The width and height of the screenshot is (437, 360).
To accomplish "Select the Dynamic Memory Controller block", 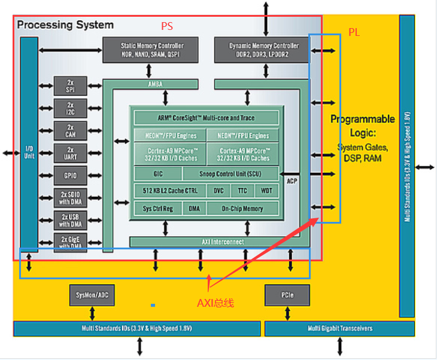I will pyautogui.click(x=263, y=50).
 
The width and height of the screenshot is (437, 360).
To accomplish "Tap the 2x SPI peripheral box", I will pyautogui.click(x=70, y=85).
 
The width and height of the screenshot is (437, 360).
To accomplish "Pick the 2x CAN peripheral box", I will pyautogui.click(x=70, y=130).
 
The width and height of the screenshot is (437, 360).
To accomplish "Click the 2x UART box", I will pyautogui.click(x=70, y=153).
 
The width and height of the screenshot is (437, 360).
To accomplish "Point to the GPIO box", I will pyautogui.click(x=70, y=176).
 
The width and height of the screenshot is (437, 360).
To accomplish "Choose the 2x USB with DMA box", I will pyautogui.click(x=70, y=220).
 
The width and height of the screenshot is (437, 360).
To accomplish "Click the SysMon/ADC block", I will pyautogui.click(x=92, y=295).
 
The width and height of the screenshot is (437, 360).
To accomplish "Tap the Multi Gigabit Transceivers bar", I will pyautogui.click(x=339, y=328).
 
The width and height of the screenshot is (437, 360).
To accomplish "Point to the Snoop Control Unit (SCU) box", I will pyautogui.click(x=230, y=174).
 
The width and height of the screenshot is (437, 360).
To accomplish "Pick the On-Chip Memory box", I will pyautogui.click(x=242, y=209).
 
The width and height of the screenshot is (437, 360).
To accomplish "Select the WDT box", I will pyautogui.click(x=266, y=191).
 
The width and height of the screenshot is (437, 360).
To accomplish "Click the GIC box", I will pyautogui.click(x=157, y=174).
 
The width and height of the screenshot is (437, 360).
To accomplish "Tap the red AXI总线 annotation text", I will pyautogui.click(x=216, y=303).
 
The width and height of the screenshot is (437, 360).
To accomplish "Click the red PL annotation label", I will pyautogui.click(x=354, y=32).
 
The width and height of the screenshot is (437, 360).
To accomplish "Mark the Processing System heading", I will pyautogui.click(x=65, y=25).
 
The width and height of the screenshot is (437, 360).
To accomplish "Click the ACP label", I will pyautogui.click(x=292, y=181).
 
